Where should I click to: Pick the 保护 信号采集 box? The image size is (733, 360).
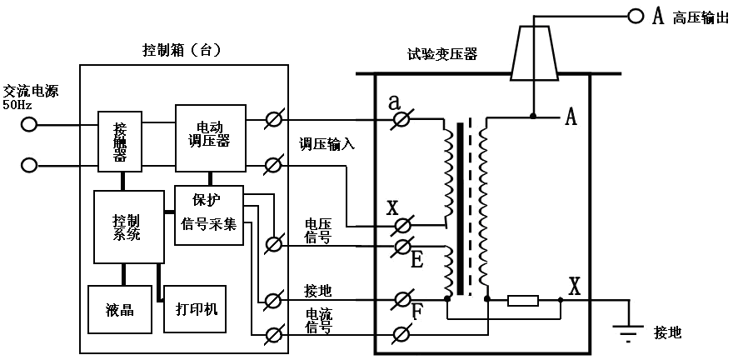(x=209, y=215)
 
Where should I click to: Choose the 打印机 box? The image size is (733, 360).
(x=196, y=308)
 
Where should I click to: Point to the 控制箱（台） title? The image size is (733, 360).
(x=182, y=50)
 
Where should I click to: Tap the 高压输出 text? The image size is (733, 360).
(x=701, y=17)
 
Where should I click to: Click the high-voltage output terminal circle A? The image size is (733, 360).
(x=636, y=16)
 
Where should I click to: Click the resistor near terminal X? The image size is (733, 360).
(x=522, y=300)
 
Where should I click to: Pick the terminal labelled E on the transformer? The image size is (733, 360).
(x=401, y=246)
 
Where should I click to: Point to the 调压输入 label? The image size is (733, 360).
(x=327, y=143)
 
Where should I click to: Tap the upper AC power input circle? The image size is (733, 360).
(x=29, y=124)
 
